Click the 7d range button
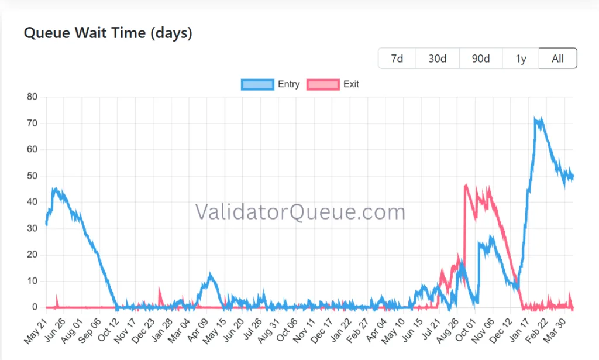(397, 59)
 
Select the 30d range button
(437, 59)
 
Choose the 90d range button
(480, 59)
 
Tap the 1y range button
(521, 59)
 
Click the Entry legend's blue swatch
(257, 84)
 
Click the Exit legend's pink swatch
(323, 84)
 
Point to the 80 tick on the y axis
(33, 97)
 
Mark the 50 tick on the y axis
(33, 176)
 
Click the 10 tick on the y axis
(33, 281)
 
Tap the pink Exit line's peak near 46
(466, 186)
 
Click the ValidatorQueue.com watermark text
(299, 212)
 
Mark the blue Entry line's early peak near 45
(54, 189)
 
